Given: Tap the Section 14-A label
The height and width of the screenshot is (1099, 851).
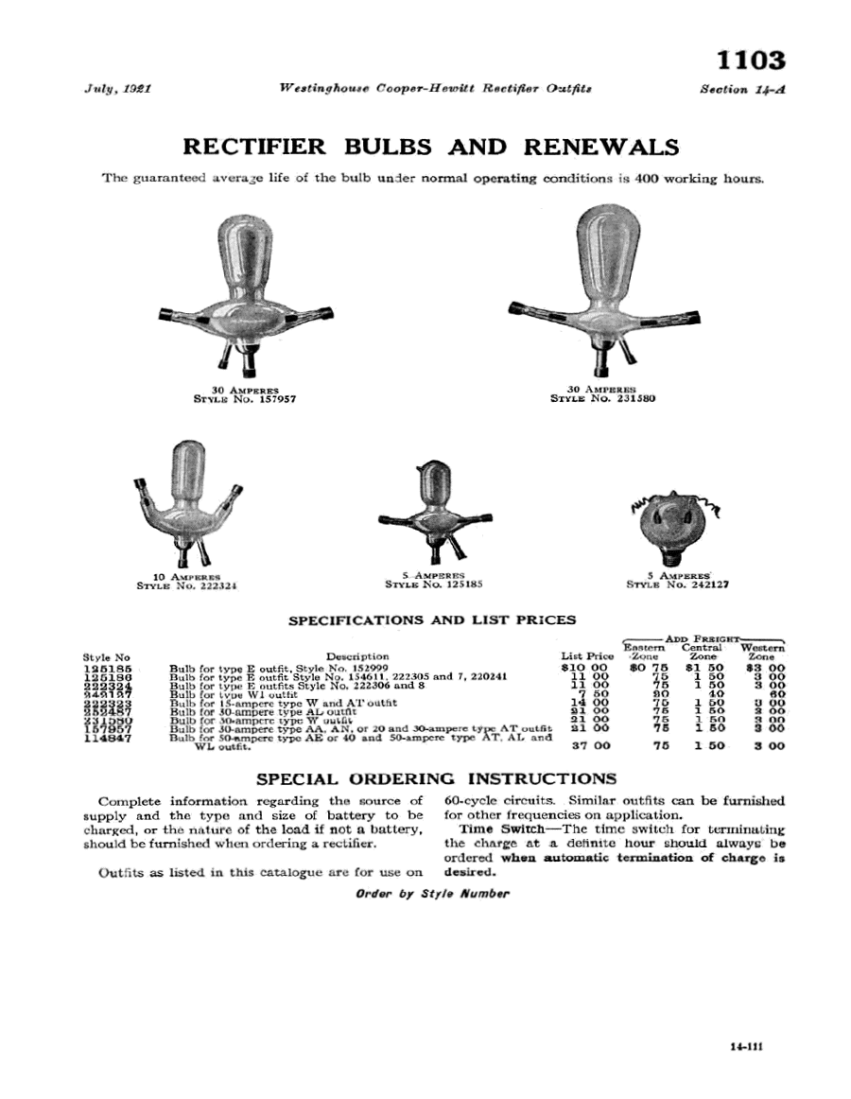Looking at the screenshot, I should point(743,89).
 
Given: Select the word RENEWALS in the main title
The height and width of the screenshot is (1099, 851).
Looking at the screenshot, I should point(599,147).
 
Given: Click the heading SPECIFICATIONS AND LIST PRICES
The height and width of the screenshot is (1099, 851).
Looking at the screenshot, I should point(431,620).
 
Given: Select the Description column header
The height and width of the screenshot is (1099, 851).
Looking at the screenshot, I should point(357,655).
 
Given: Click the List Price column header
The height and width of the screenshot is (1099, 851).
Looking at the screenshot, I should point(587,655).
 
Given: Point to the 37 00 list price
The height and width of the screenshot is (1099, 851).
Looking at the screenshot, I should point(587,746).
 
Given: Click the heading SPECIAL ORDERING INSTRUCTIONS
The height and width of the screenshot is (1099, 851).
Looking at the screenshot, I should point(437,779).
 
